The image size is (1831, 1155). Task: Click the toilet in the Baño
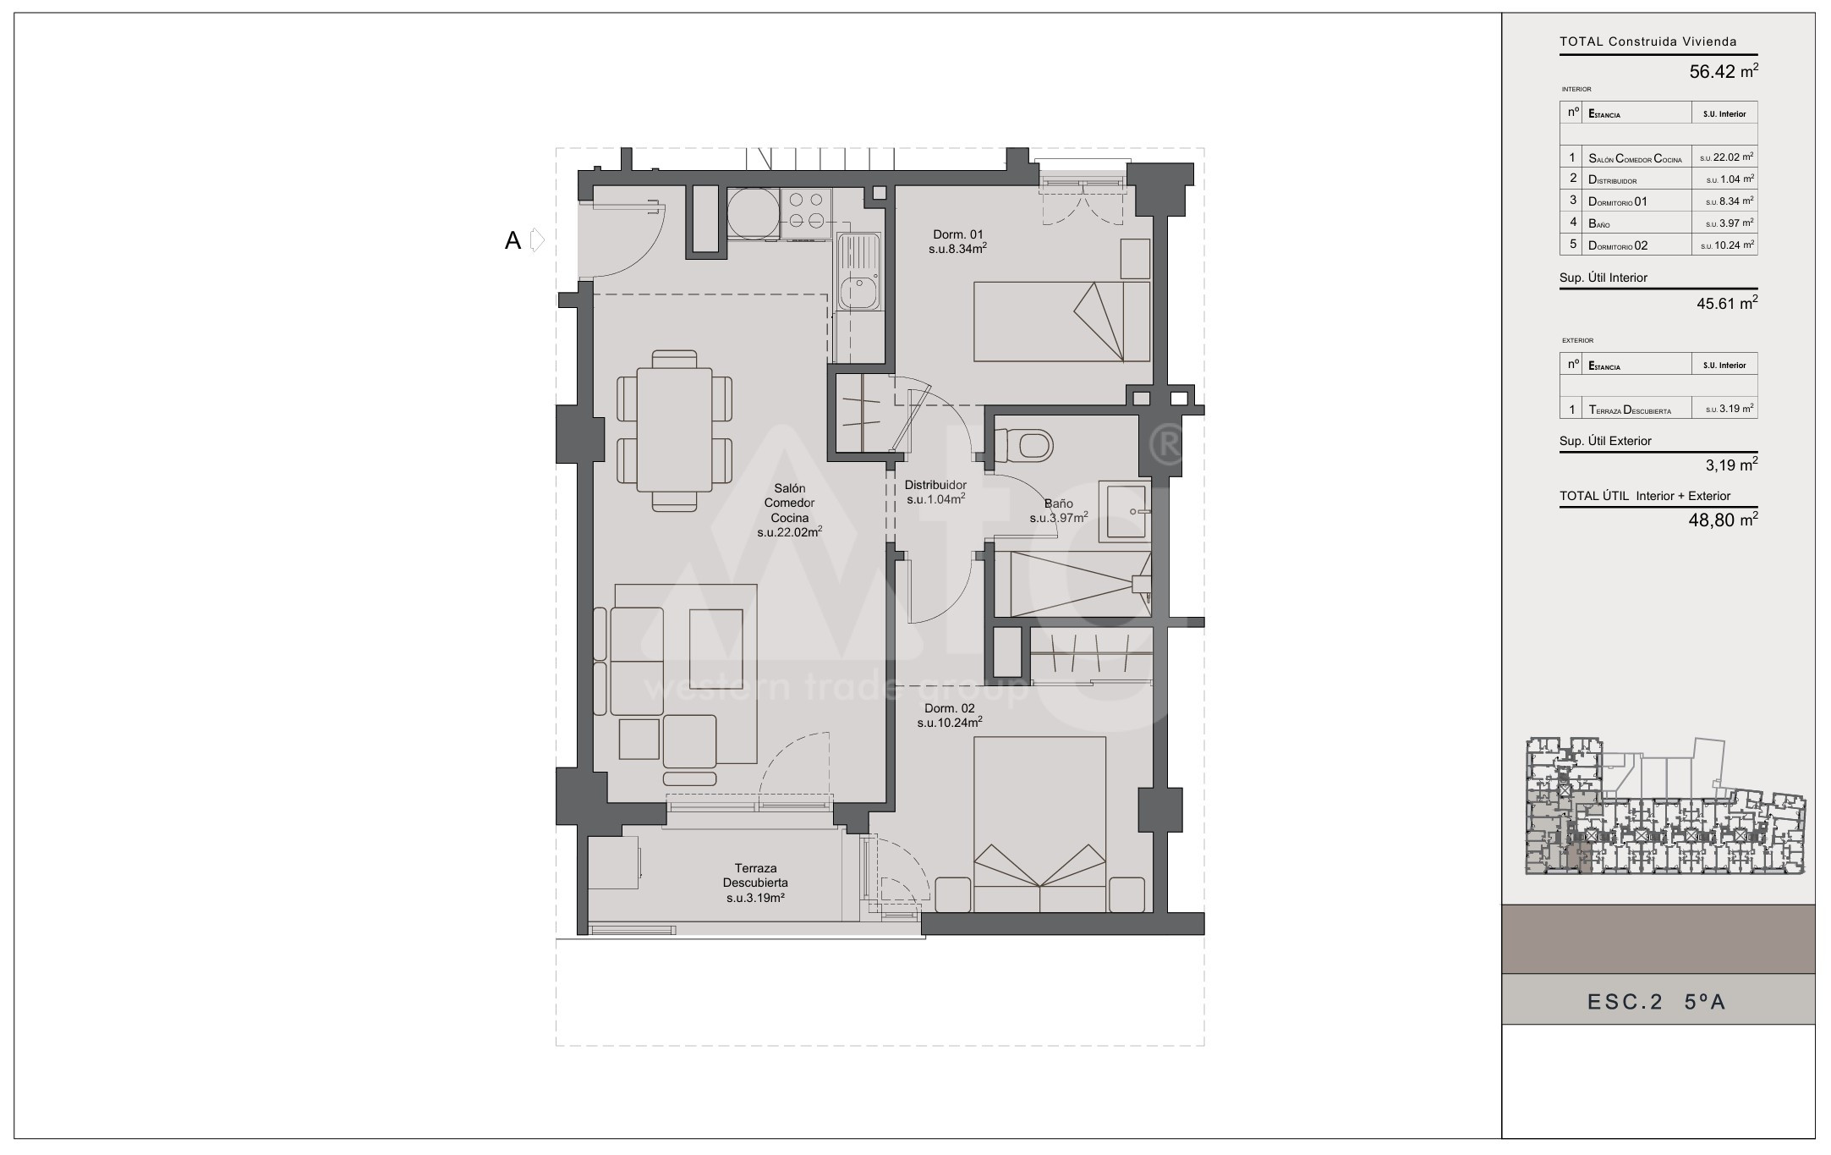tap(1025, 443)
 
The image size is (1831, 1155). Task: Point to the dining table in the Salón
tap(675, 430)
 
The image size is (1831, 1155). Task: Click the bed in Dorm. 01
tap(1061, 322)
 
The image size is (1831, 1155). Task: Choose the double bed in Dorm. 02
tap(1040, 824)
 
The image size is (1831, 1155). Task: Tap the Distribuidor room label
tap(935, 486)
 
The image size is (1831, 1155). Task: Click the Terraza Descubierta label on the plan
tap(755, 876)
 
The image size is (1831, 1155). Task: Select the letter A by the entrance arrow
tap(513, 241)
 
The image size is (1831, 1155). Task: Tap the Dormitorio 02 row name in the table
tap(1618, 245)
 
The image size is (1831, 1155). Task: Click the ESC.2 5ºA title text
tap(1656, 1003)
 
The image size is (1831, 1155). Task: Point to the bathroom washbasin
tap(1125, 511)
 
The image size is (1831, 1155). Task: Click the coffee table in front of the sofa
tap(716, 640)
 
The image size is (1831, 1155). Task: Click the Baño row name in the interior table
tap(1599, 223)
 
